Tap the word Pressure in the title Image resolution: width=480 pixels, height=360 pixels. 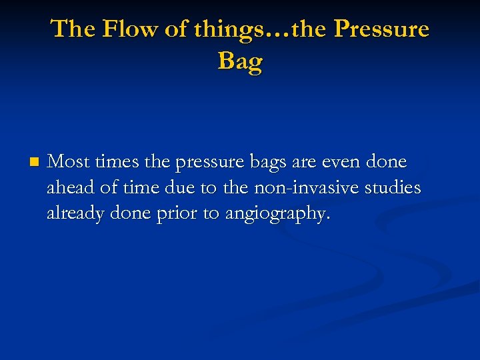[x=381, y=29]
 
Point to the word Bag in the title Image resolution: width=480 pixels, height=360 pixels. [x=240, y=61]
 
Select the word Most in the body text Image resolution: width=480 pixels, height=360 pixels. [x=69, y=162]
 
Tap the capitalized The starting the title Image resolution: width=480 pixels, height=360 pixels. [x=72, y=29]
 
